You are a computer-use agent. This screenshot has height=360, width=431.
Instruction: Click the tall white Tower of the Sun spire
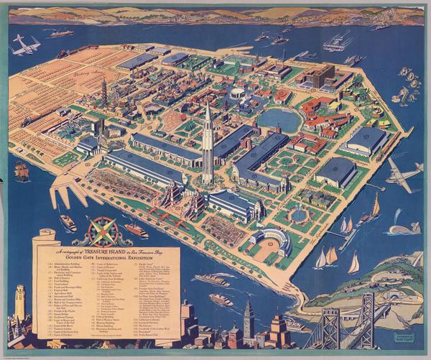point(207,144)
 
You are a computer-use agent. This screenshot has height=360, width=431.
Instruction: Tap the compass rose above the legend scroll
point(101,231)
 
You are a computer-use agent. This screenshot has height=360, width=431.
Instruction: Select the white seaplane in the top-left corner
point(26,45)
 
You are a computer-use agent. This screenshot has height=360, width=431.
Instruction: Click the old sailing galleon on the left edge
point(22,171)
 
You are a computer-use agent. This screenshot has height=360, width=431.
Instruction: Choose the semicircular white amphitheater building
point(272,239)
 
